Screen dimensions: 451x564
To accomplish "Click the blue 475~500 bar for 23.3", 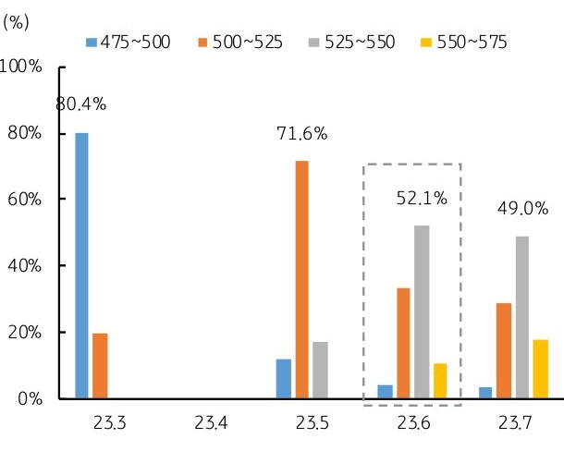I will coord(82,266).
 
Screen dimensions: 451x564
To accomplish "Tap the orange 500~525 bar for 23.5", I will coord(301,280).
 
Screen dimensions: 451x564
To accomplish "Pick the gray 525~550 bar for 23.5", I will coord(320,371).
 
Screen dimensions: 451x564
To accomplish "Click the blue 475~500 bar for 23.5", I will coord(284,379).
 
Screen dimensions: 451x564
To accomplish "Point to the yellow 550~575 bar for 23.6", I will coord(440,381).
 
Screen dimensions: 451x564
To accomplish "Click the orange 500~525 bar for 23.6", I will coord(403,343).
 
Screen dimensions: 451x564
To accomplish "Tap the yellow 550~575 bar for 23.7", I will coord(540,370).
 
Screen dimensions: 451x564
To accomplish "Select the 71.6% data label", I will coord(302,135).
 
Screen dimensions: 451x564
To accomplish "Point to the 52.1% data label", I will coord(422,197).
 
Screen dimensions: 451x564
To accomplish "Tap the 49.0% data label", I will coord(522,209).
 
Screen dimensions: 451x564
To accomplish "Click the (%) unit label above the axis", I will coord(17,23).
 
